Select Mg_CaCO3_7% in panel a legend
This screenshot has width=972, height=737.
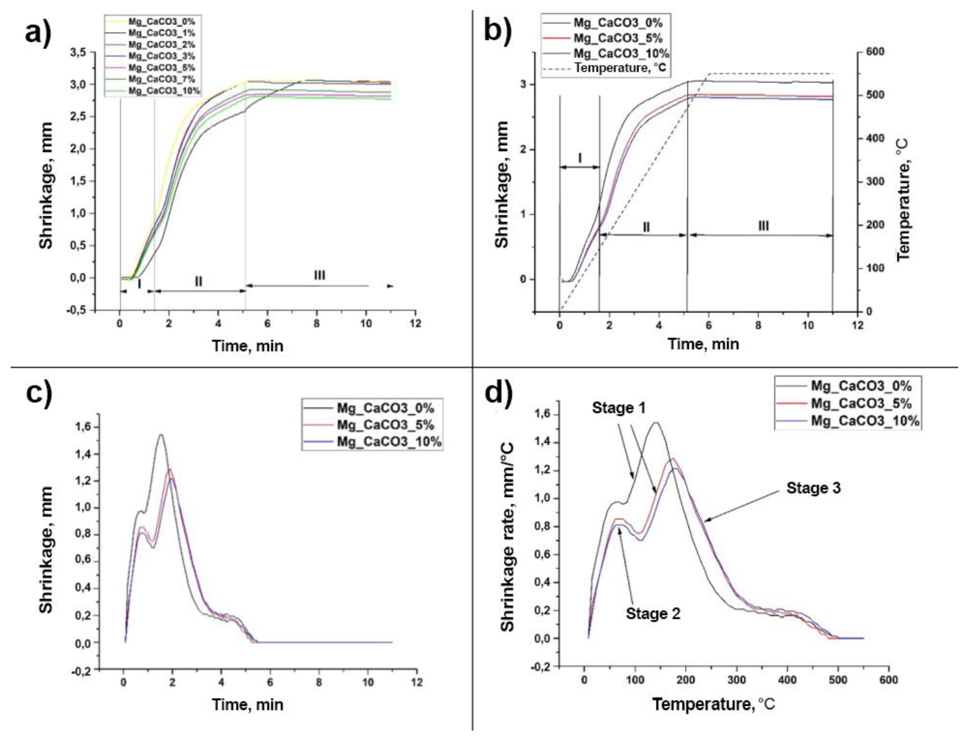(x=161, y=79)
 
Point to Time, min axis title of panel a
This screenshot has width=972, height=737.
(x=247, y=346)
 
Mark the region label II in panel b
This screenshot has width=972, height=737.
(x=646, y=227)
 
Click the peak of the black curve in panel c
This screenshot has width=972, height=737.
(x=161, y=435)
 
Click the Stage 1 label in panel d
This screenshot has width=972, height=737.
(x=619, y=408)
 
